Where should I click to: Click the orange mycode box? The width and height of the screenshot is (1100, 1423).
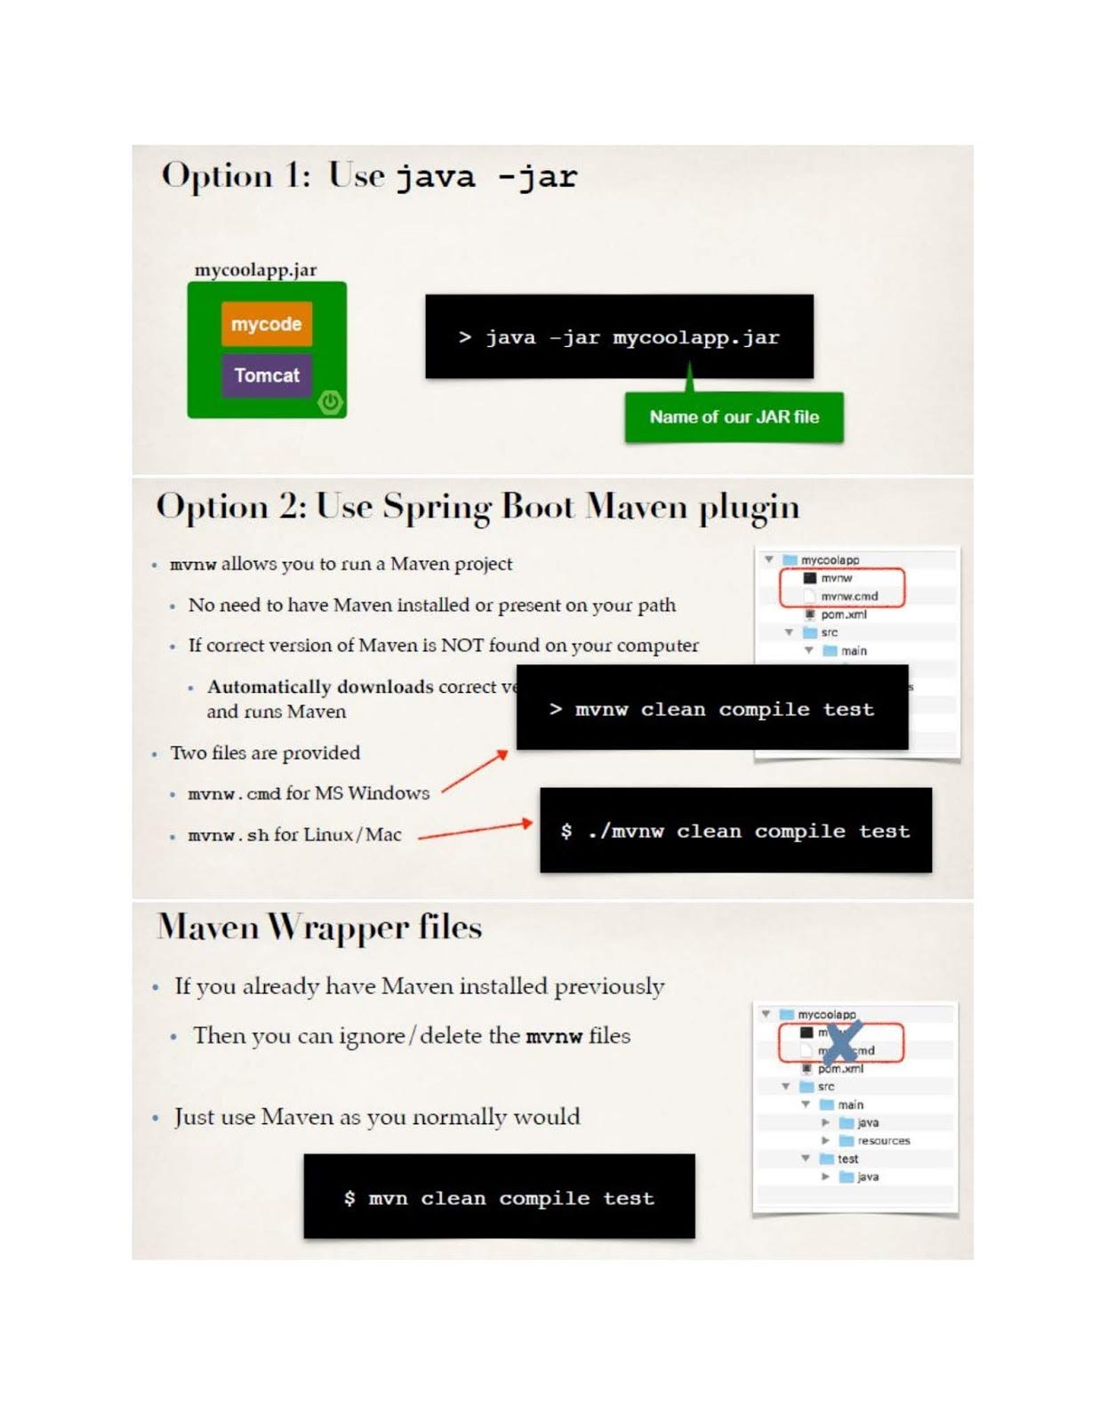(x=266, y=324)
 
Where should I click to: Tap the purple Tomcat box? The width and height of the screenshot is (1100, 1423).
(x=266, y=375)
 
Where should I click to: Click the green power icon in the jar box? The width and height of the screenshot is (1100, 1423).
(x=330, y=402)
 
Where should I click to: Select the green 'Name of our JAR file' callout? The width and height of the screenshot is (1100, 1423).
(x=734, y=417)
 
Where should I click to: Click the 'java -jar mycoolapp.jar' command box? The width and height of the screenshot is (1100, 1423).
(x=619, y=337)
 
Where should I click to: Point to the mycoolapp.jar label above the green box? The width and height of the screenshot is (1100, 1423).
(x=255, y=269)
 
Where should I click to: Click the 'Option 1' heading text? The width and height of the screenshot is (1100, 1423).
(x=236, y=175)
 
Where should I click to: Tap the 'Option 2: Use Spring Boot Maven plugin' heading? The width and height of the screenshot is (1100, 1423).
(x=478, y=507)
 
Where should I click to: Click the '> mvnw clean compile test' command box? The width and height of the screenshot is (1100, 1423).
(x=711, y=709)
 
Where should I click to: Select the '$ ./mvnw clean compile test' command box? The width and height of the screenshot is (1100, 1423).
(x=735, y=831)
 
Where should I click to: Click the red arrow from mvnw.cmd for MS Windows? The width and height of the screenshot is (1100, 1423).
(x=475, y=771)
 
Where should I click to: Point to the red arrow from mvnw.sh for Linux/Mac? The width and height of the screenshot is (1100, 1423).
(x=475, y=830)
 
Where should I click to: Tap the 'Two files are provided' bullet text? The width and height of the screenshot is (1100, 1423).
(x=265, y=753)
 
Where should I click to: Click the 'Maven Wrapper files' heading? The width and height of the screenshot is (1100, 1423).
(x=319, y=928)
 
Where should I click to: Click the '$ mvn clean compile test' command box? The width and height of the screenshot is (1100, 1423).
(x=499, y=1197)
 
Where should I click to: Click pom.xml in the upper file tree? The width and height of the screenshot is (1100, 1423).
(x=842, y=615)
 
